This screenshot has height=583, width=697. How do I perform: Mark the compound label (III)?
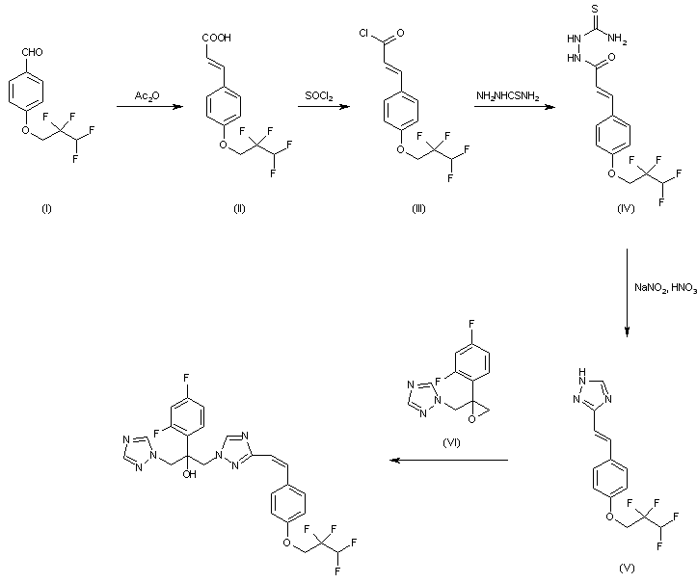coord(399,210)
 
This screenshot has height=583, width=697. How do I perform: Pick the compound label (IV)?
coord(624,210)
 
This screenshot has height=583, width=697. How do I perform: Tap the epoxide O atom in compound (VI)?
coord(470,418)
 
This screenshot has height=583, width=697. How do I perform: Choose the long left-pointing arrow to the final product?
coord(448,461)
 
